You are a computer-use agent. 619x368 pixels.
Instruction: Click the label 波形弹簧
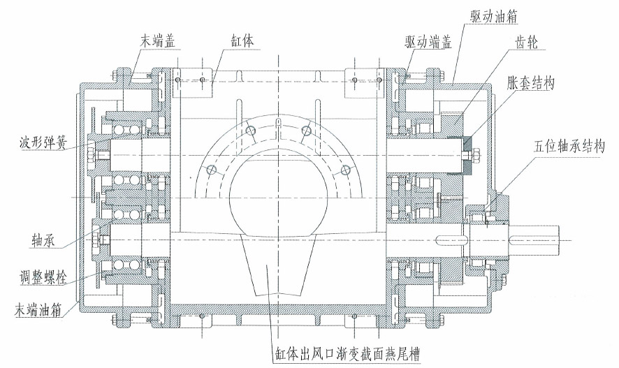pyautogui.click(x=37, y=148)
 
